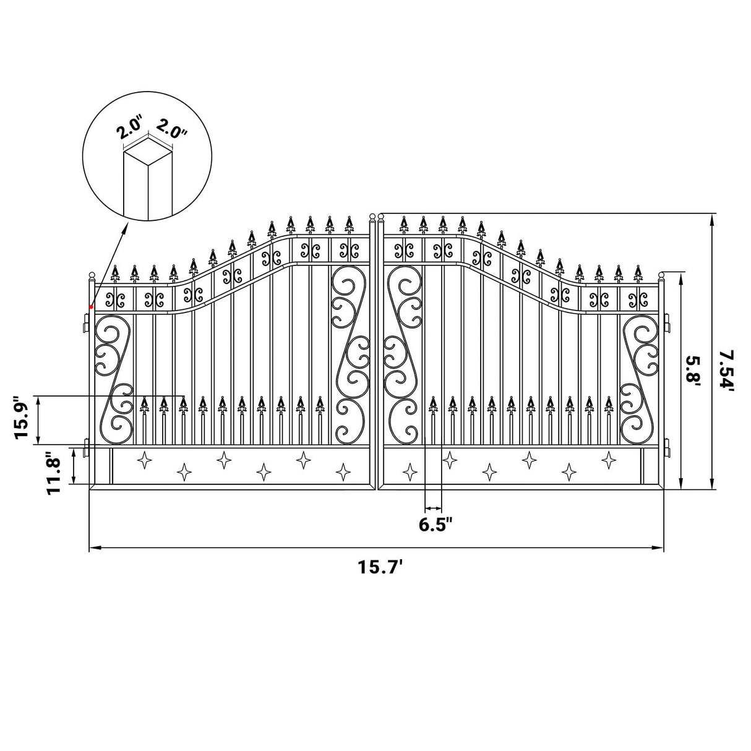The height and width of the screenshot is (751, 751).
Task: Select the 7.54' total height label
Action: click(x=728, y=370)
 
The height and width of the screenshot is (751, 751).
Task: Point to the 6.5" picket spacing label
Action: click(x=436, y=525)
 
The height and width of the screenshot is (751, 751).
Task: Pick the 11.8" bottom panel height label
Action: click(x=55, y=473)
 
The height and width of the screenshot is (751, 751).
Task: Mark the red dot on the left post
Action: click(x=91, y=307)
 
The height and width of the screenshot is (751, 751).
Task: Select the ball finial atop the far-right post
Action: click(x=661, y=275)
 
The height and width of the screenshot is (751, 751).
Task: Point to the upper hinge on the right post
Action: click(x=667, y=322)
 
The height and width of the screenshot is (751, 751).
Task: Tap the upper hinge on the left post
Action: click(x=87, y=321)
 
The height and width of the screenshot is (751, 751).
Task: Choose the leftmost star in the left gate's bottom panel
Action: click(x=145, y=460)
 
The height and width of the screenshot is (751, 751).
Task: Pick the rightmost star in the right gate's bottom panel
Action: click(x=609, y=459)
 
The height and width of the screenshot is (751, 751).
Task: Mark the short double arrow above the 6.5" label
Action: click(x=434, y=507)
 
